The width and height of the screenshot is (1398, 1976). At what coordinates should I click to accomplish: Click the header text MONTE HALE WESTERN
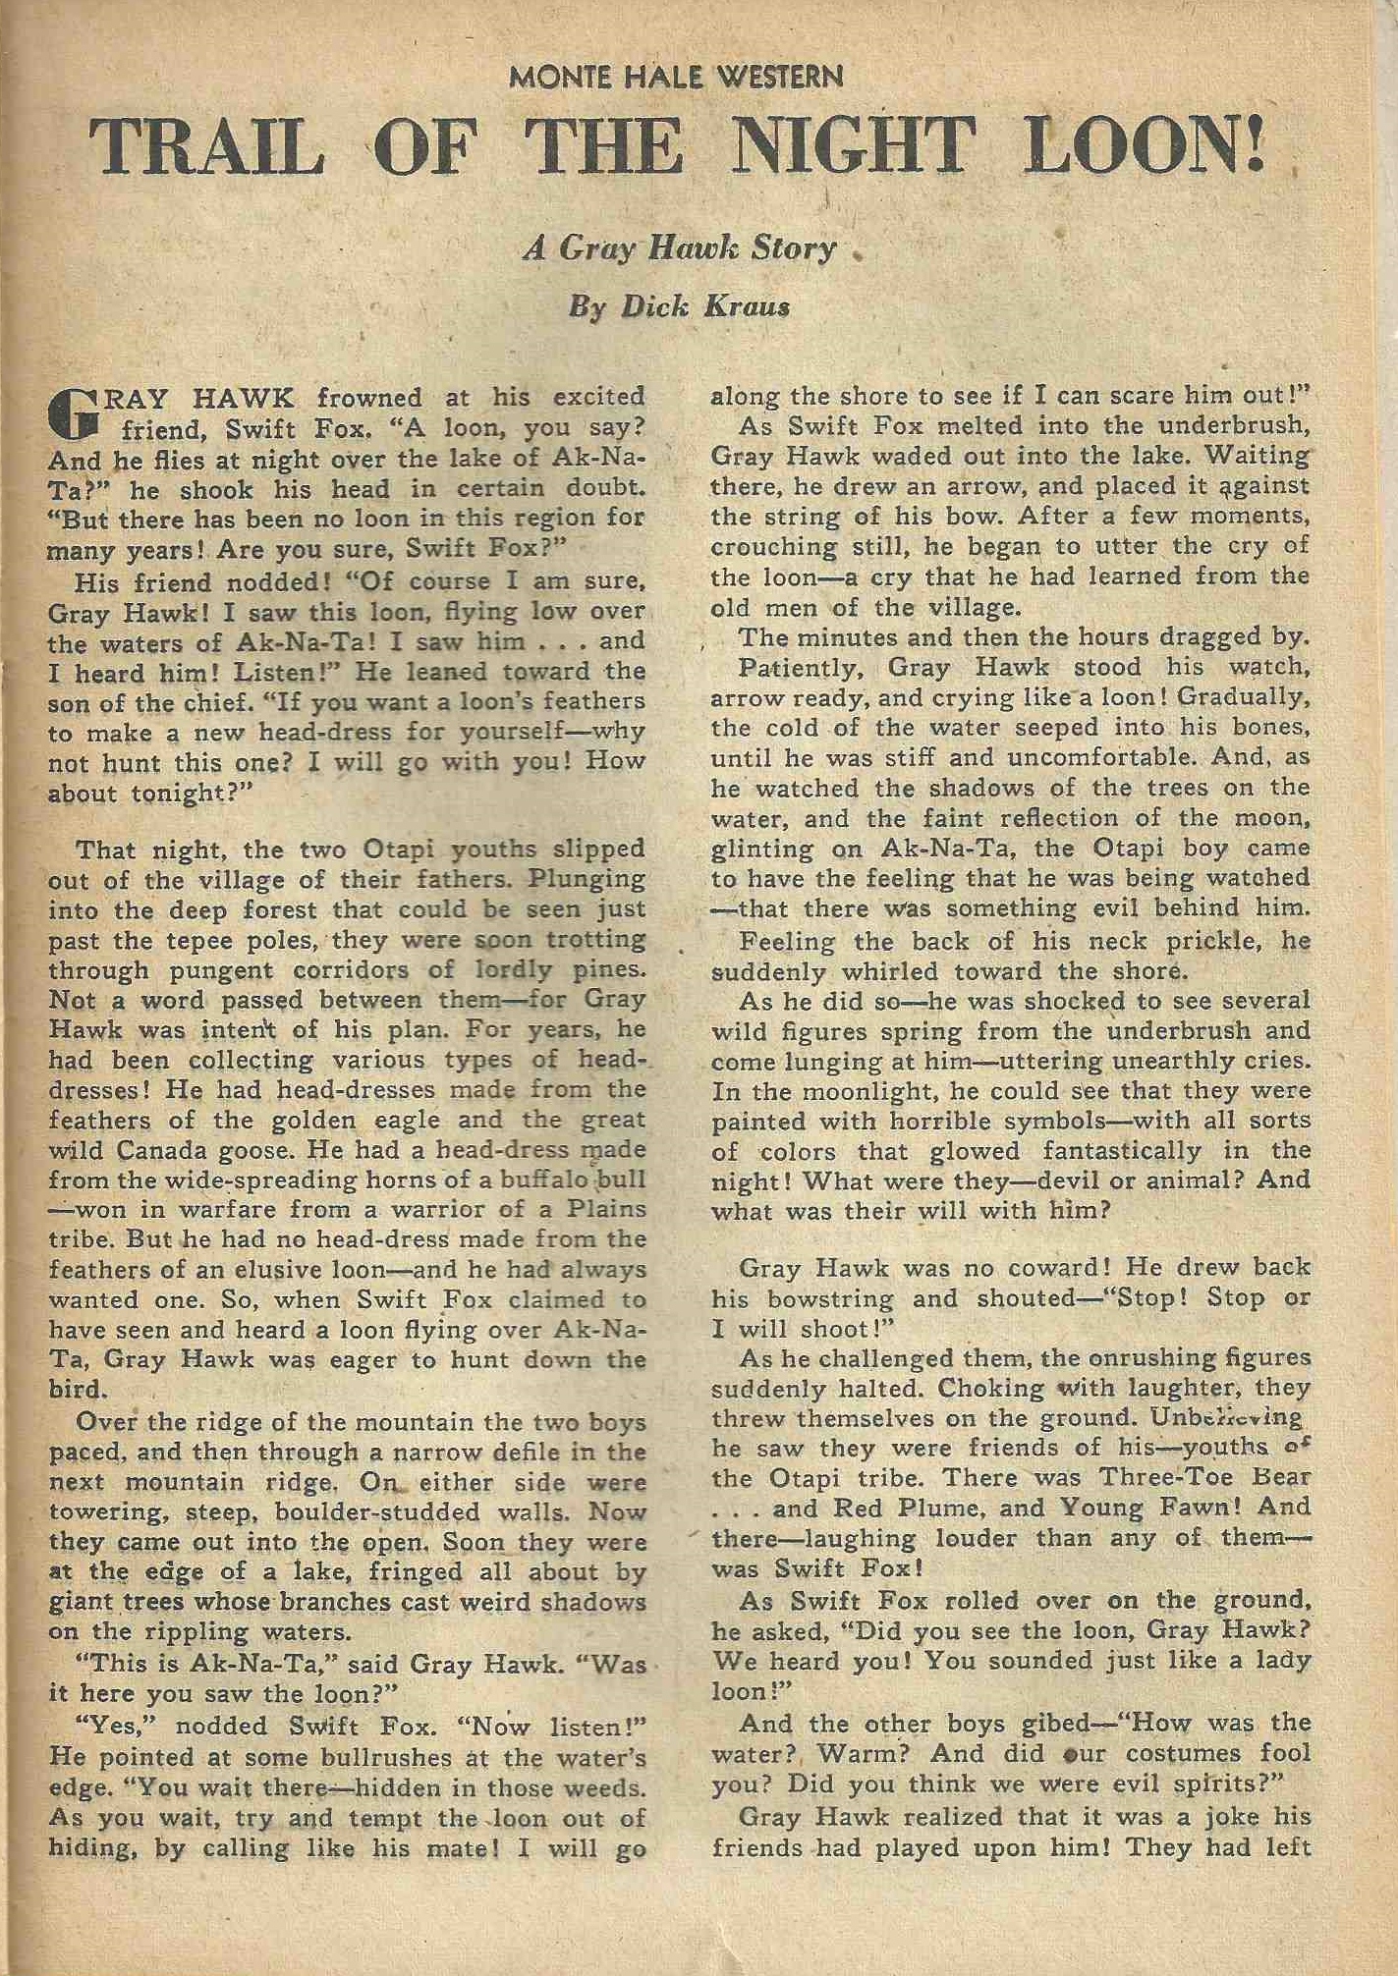pyautogui.click(x=676, y=77)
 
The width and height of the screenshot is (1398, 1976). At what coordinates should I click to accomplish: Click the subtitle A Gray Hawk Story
pyautogui.click(x=679, y=248)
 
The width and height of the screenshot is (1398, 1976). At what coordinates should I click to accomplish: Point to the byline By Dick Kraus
pyautogui.click(x=679, y=306)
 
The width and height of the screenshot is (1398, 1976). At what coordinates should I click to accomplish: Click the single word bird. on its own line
pyautogui.click(x=77, y=1390)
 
